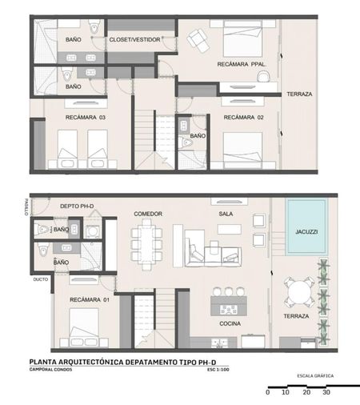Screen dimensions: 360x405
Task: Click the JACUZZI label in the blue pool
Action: [306, 231]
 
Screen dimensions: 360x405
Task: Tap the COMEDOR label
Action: [148, 214]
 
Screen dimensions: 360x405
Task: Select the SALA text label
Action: [226, 214]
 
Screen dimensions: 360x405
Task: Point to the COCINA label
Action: [230, 323]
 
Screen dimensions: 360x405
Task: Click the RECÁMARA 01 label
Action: [90, 299]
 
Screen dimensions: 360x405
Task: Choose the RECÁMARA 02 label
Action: [243, 117]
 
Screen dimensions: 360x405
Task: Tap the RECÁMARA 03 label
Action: [86, 117]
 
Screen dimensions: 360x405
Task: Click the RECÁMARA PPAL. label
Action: [242, 64]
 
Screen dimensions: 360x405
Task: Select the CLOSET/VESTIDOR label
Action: [134, 39]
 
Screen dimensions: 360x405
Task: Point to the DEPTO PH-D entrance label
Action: [77, 206]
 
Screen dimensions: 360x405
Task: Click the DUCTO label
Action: [41, 279]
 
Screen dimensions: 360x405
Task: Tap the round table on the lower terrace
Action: [298, 292]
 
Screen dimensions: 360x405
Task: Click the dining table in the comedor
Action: [146, 244]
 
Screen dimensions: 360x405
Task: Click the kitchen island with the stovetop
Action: [229, 306]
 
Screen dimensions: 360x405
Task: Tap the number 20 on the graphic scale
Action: [306, 392]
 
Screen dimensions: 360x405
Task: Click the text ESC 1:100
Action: [218, 370]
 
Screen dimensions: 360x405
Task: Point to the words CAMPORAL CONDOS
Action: [50, 370]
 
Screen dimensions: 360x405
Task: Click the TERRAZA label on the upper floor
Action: [299, 94]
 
